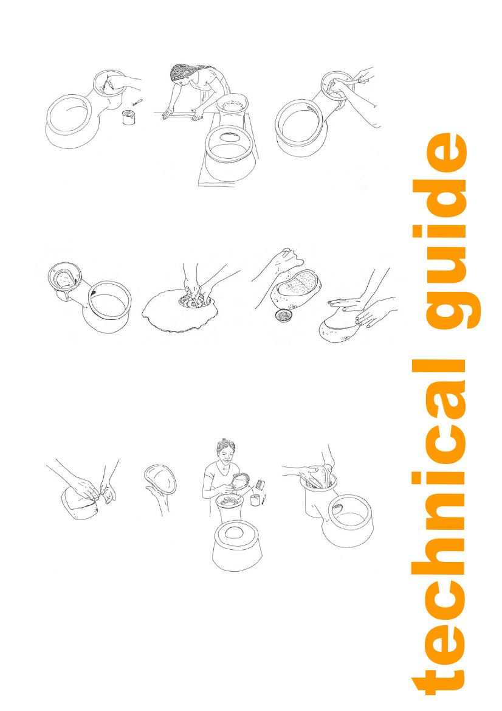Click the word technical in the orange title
[x=439, y=527]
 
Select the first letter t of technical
[x=438, y=680]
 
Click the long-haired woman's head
[x=185, y=75]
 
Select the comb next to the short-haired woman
[x=260, y=484]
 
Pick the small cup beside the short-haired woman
[x=255, y=500]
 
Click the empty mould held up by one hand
[x=161, y=479]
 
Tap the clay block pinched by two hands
[x=81, y=504]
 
